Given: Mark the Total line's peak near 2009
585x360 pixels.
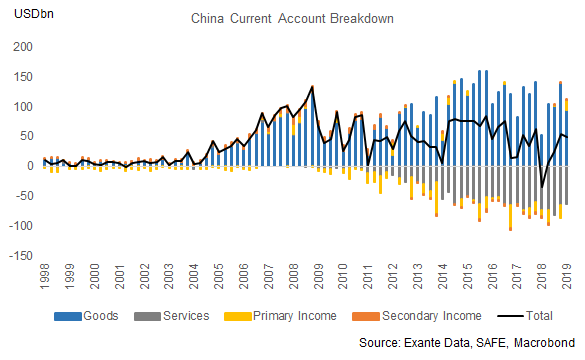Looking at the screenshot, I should pos(313,87).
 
